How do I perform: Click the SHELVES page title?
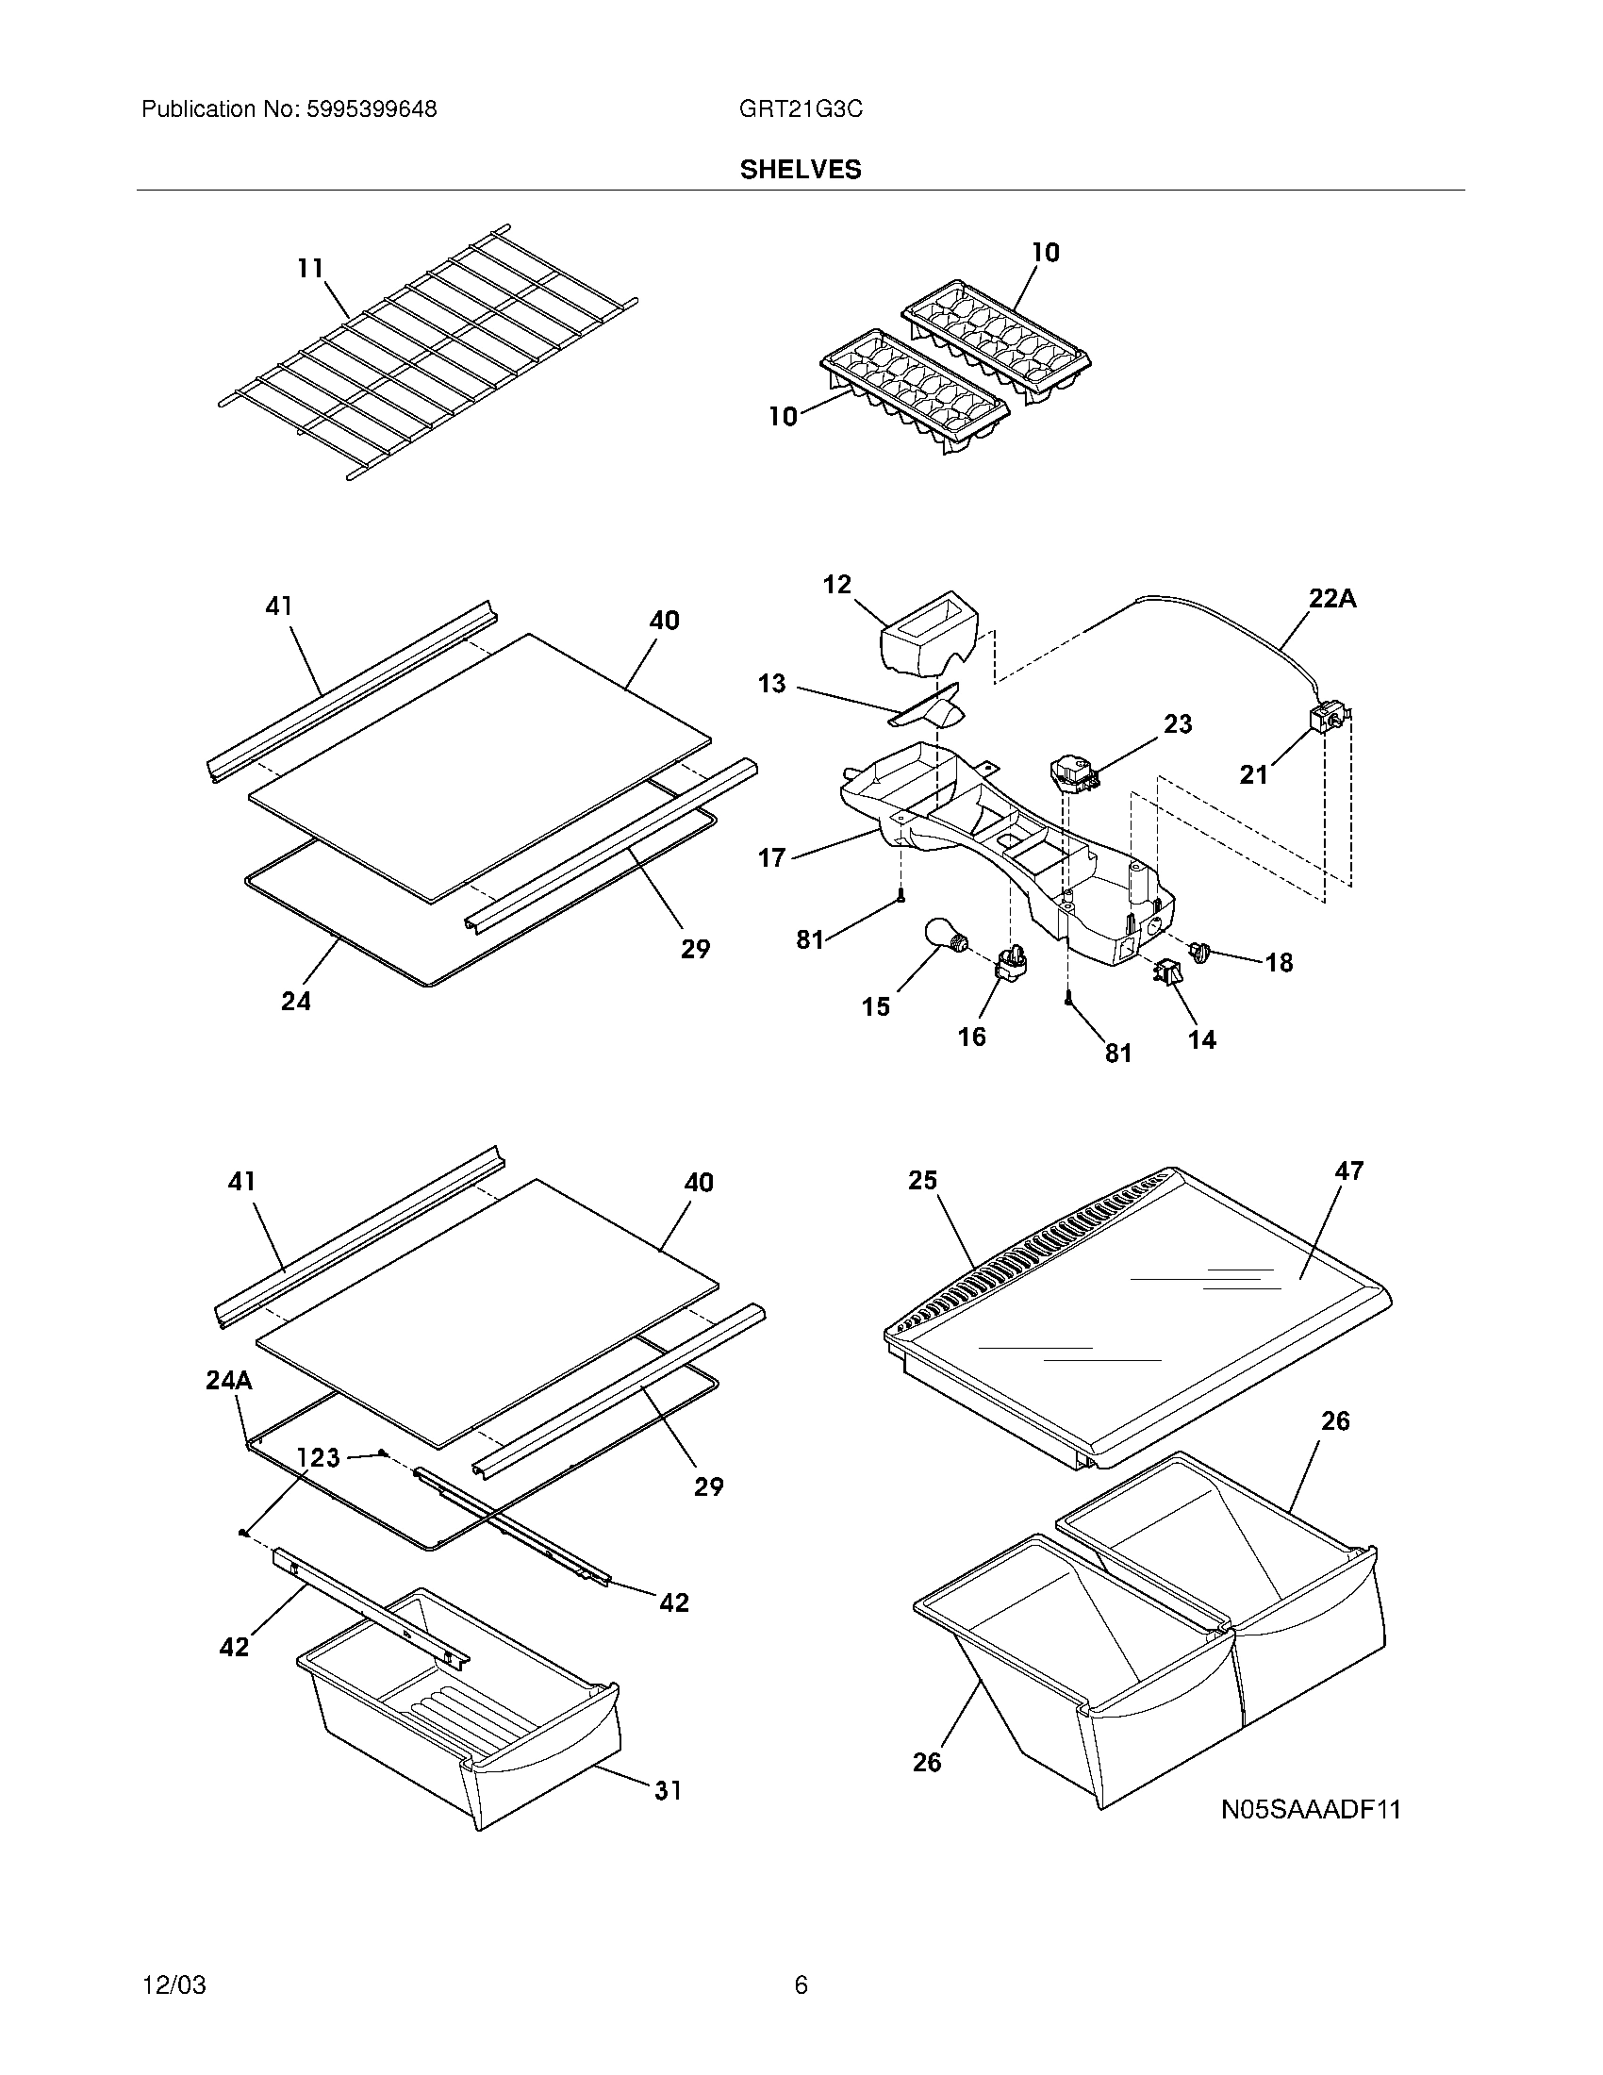801,169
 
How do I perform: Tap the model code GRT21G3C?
801,109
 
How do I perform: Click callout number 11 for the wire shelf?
310,269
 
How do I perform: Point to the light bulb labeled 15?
944,938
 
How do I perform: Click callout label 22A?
1332,599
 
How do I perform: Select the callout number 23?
1178,724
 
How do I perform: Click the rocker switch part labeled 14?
1167,973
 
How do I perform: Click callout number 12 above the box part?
836,585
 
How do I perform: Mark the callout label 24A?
229,1381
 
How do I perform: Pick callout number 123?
318,1457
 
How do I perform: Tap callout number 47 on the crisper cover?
1348,1171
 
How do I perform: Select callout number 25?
922,1180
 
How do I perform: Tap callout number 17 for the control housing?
771,858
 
